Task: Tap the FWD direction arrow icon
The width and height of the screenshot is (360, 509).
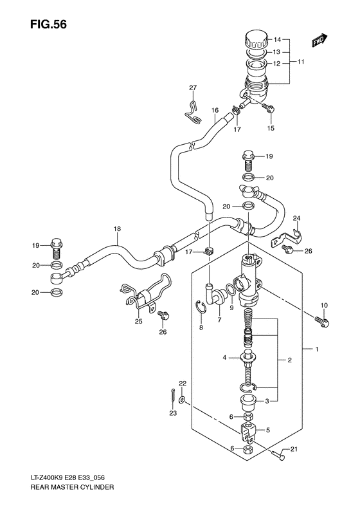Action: [318, 40]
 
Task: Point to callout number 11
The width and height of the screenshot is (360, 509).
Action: [300, 64]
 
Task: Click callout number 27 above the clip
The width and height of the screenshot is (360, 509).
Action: [192, 88]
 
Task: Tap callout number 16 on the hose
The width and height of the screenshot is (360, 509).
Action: [215, 110]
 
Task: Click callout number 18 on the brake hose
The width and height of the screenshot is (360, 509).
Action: [117, 229]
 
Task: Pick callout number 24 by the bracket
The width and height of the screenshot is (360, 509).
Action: [296, 219]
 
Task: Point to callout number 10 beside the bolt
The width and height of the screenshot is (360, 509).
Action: [323, 305]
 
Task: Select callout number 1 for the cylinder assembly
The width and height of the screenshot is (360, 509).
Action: [318, 349]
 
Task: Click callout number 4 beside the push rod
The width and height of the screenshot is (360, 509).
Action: [225, 358]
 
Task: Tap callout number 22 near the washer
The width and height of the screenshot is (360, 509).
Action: [183, 384]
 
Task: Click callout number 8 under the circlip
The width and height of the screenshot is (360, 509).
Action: [201, 328]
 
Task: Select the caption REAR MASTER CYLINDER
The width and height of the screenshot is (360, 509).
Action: [62, 488]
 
